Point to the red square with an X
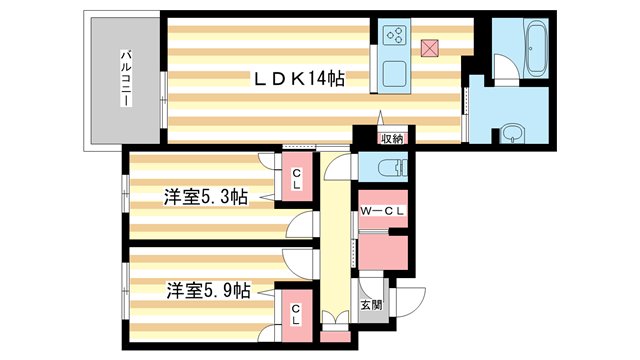pyautogui.click(x=430, y=46)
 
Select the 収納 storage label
pyautogui.click(x=391, y=139)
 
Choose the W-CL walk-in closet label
pyautogui.click(x=384, y=210)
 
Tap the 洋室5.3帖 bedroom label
pyautogui.click(x=206, y=197)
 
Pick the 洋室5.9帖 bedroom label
pyautogui.click(x=206, y=291)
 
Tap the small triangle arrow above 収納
pyautogui.click(x=381, y=116)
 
